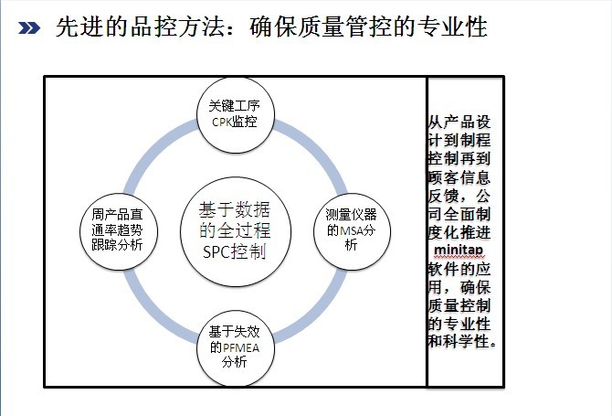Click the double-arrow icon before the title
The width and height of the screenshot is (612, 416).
[x=30, y=28]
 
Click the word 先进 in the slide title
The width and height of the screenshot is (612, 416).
[x=75, y=27]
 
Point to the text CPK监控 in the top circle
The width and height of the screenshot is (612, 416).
[x=234, y=123]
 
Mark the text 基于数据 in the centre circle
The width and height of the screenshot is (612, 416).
[x=234, y=208]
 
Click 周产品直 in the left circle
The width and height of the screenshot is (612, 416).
[x=118, y=214]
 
